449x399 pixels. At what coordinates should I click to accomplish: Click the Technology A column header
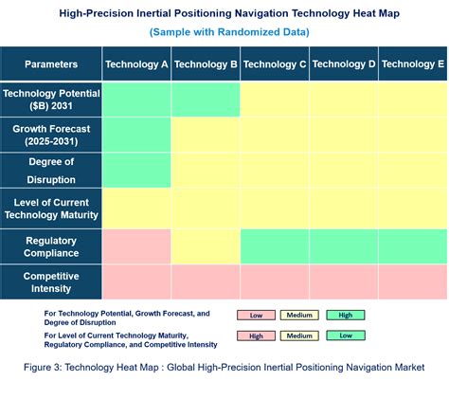(136, 64)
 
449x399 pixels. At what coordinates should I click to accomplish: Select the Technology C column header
(275, 64)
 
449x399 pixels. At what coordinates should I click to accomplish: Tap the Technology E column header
(413, 64)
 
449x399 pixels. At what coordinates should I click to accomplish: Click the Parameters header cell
(51, 64)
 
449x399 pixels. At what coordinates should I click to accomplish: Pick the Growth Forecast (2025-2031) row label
(51, 135)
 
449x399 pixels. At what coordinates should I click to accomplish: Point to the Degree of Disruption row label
(51, 171)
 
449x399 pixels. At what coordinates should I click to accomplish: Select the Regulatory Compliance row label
(51, 246)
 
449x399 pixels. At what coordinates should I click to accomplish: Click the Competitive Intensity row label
(51, 281)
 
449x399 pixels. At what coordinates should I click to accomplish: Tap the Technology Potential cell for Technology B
(206, 100)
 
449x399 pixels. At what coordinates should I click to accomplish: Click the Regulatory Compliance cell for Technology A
(136, 246)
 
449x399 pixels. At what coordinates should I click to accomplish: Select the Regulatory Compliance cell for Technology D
(344, 246)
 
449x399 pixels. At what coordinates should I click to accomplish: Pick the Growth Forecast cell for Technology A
(136, 135)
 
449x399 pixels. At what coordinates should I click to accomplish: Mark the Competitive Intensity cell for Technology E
(413, 281)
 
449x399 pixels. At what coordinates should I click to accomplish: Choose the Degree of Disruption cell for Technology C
(275, 171)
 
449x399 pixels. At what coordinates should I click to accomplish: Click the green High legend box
(346, 315)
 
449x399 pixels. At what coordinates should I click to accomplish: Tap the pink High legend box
(255, 335)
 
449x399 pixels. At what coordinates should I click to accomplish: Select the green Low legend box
(346, 335)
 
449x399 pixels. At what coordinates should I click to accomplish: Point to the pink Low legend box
(255, 315)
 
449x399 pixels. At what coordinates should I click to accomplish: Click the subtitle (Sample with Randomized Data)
(228, 32)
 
